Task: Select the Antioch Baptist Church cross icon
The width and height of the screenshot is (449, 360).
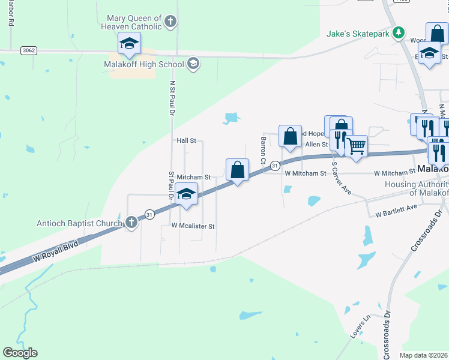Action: click(131, 223)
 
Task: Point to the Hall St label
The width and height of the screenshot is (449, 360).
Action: click(186, 140)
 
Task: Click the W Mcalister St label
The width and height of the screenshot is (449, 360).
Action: click(193, 226)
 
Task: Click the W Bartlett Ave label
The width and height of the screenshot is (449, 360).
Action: click(396, 211)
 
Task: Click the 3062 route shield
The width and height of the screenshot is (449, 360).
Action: click(28, 50)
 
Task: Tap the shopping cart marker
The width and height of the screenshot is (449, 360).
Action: click(357, 146)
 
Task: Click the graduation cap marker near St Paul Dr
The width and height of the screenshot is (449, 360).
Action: click(187, 194)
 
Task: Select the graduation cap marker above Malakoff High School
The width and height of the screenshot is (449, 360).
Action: click(129, 43)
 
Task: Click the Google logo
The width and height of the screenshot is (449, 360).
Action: click(20, 352)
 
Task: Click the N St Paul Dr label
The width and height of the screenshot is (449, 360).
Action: click(172, 98)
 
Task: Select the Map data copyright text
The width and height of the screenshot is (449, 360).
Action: click(423, 355)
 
